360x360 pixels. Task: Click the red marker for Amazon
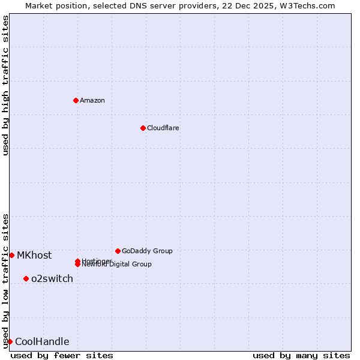(76, 100)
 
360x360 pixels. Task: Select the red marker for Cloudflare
(143, 128)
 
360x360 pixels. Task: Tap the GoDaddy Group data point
(118, 251)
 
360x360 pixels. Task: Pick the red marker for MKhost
(11, 255)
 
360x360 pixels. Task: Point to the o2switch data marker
(26, 278)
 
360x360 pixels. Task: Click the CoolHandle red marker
(10, 341)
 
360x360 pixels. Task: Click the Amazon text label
(92, 100)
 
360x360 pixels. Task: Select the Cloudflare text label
(163, 128)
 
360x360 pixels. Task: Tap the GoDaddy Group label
(147, 251)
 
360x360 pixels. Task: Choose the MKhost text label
(34, 255)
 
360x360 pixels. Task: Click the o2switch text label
(52, 278)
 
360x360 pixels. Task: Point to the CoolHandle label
(42, 341)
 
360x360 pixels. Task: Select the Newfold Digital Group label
(118, 265)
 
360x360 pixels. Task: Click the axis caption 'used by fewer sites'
(62, 355)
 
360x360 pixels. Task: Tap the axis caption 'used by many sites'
(301, 355)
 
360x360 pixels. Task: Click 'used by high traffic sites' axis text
(5, 85)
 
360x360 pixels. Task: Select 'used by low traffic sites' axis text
(5, 280)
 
